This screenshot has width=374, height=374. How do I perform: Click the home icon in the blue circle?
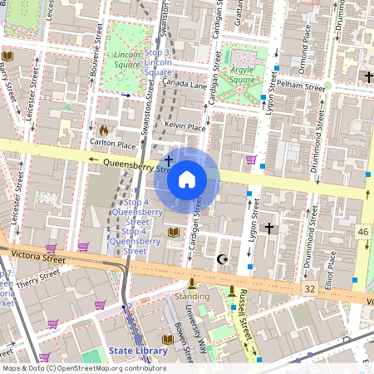(187, 180)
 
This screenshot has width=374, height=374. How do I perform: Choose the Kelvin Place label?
(185, 126)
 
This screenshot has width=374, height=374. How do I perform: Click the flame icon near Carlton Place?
(103, 130)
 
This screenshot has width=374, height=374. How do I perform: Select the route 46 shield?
(363, 230)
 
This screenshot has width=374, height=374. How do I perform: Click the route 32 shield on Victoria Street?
(310, 288)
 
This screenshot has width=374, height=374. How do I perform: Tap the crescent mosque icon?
(221, 259)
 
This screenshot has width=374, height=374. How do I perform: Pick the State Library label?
(138, 351)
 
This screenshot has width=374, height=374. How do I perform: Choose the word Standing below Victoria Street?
(191, 296)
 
